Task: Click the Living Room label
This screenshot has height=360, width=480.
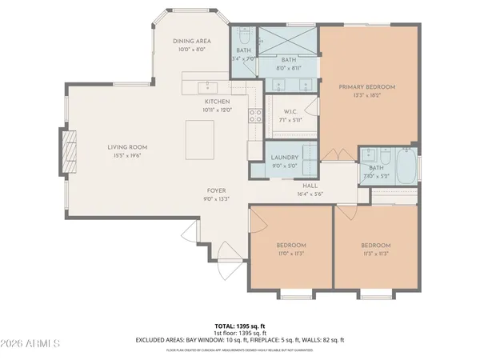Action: pos(128,147)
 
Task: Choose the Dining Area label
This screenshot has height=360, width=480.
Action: pos(191,42)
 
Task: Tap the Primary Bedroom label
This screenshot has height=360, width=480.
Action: pos(367,86)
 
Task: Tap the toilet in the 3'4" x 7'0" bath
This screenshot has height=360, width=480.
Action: pos(243,36)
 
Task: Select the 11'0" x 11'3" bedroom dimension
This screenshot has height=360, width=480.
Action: pos(291,254)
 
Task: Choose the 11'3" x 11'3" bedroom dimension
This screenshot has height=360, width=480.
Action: pos(374,254)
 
